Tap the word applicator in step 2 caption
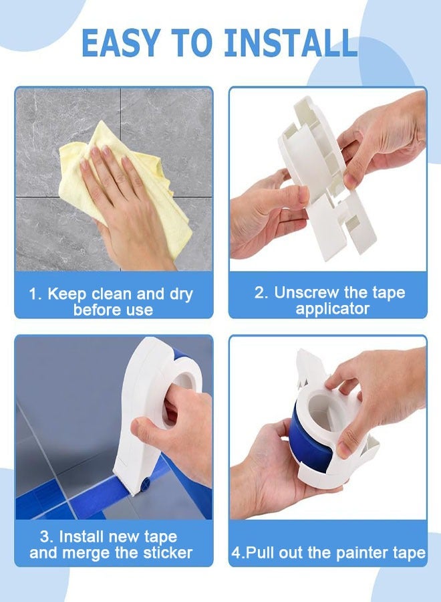tap(332, 309)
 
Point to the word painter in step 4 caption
tap(360, 553)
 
